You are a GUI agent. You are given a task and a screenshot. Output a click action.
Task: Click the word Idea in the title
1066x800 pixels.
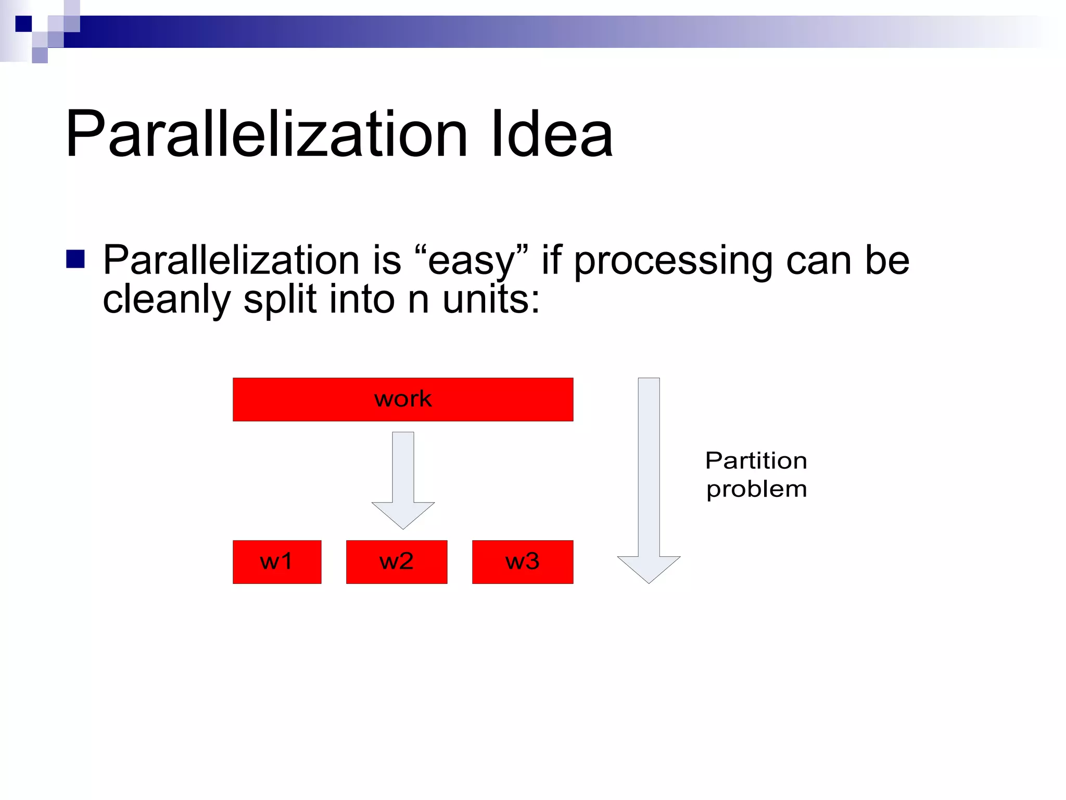552,134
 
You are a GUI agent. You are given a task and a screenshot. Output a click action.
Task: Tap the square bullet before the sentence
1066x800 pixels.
75,259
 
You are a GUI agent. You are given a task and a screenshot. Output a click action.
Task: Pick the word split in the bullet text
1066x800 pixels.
280,300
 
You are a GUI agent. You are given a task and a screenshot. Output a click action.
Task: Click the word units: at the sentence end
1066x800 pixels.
491,300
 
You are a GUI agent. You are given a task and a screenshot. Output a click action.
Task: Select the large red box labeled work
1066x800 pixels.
403,399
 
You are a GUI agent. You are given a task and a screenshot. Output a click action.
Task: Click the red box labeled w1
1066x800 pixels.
277,562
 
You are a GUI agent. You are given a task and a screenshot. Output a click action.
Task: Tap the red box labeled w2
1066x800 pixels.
397,562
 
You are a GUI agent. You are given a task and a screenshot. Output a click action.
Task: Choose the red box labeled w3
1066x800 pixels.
523,562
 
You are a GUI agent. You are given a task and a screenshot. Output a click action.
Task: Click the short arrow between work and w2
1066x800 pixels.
403,479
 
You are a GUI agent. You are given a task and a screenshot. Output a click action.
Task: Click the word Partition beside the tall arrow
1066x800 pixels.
756,461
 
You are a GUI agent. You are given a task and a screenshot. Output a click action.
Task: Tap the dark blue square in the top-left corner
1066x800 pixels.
23,24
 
